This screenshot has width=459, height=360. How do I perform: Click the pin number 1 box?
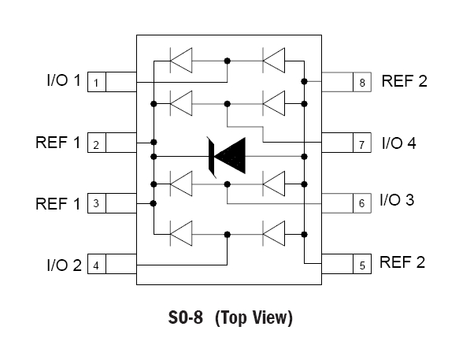(x=97, y=82)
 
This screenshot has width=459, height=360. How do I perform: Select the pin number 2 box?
(x=97, y=143)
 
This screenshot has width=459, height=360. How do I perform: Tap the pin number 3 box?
(x=97, y=203)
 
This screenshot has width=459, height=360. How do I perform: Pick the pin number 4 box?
(x=97, y=264)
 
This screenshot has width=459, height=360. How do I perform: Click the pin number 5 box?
(x=362, y=264)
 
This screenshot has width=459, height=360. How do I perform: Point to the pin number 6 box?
(x=362, y=203)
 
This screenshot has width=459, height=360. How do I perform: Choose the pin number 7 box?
(x=362, y=143)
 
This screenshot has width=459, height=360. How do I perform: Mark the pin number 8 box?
(x=362, y=82)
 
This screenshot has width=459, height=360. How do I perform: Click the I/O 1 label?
(x=64, y=80)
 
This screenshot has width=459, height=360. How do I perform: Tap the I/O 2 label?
(x=64, y=265)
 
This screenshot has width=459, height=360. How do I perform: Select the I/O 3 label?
(x=397, y=200)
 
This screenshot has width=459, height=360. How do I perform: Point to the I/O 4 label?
(x=399, y=143)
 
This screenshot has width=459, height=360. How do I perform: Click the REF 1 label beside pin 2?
(x=58, y=143)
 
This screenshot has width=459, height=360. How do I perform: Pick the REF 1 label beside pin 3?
(x=58, y=203)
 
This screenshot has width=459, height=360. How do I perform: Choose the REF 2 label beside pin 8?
(x=404, y=81)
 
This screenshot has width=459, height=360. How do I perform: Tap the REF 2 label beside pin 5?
(x=402, y=262)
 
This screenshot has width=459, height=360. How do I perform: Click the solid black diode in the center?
(x=227, y=157)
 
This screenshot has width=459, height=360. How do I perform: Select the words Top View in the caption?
(x=254, y=317)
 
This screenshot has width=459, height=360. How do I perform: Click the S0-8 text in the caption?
(x=185, y=317)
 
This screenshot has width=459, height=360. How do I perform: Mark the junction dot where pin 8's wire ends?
(x=304, y=81)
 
